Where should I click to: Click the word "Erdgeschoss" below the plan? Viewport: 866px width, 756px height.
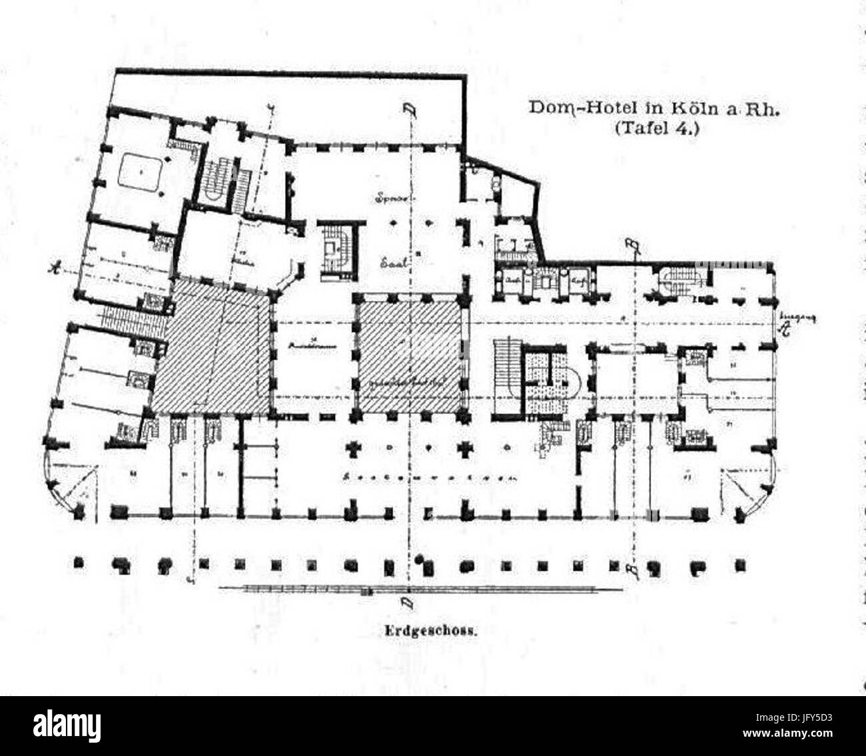pos(430,634)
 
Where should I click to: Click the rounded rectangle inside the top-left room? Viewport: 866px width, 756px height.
pos(142,171)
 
